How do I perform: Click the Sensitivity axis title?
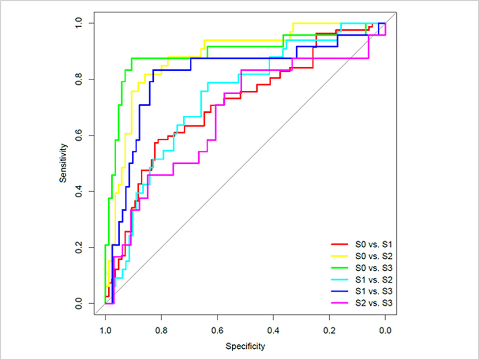pos(63,163)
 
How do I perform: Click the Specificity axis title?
pos(245,346)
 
